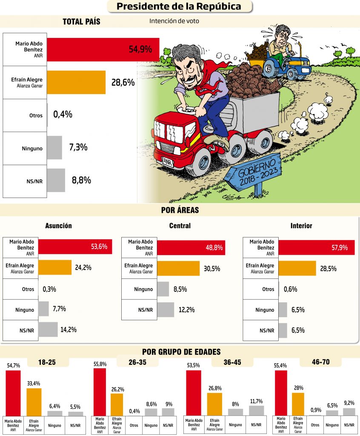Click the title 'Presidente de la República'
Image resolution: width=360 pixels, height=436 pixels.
pos(179,6)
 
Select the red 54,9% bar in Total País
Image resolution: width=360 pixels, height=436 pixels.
pos(103,49)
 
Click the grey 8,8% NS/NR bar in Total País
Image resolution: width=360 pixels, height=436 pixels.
pos(56,180)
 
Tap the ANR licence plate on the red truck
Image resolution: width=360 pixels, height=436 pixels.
pos(169,161)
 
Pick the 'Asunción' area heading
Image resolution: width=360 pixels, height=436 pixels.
pos(58,226)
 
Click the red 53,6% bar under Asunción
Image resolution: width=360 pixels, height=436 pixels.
pos(75,246)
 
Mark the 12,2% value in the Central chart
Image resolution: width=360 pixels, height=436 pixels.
pos(188,310)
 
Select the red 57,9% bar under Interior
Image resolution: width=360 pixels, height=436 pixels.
pos(316,247)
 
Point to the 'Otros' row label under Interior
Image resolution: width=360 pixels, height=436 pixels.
pos(268,289)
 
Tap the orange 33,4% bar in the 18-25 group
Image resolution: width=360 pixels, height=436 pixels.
pos(34,402)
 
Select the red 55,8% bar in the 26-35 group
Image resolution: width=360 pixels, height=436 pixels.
pos(100,392)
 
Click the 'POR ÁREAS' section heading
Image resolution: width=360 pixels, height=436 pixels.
pos(180,210)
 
